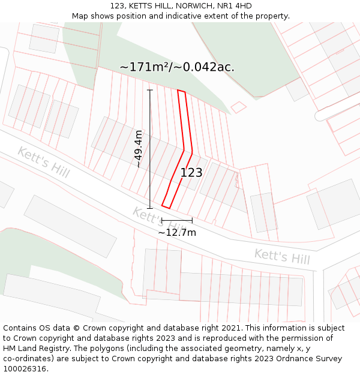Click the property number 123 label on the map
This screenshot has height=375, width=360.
tap(191, 173)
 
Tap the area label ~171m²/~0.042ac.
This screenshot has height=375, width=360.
tap(177, 67)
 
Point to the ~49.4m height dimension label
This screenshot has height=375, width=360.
tap(139, 149)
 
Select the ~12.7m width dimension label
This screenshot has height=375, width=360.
tap(177, 232)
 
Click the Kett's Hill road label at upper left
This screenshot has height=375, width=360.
tap(43, 161)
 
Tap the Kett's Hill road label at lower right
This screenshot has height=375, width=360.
tap(282, 257)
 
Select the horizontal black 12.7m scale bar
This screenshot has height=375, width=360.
tap(176, 221)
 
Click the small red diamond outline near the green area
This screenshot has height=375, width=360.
tap(239, 107)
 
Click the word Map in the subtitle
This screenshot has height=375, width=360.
tap(80, 16)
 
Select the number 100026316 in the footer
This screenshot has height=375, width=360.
tap(25, 369)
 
